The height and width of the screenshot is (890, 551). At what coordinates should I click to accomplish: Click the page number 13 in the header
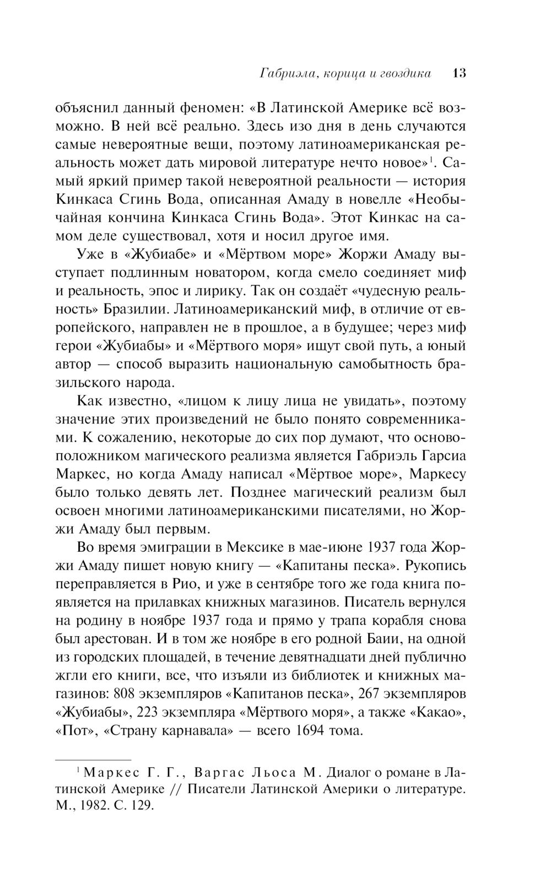click(458, 73)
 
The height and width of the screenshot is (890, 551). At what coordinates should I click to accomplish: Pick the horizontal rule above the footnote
click(94, 759)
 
